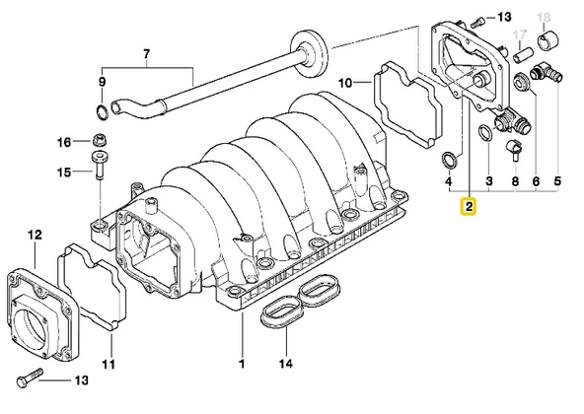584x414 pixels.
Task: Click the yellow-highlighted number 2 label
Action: click(469, 207)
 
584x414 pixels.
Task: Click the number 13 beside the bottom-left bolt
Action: click(83, 380)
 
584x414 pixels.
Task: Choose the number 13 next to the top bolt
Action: click(504, 18)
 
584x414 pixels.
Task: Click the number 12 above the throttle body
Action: click(36, 235)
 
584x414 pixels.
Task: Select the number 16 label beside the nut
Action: click(63, 142)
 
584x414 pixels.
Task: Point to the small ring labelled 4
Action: click(448, 157)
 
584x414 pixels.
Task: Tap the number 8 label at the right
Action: click(514, 182)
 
